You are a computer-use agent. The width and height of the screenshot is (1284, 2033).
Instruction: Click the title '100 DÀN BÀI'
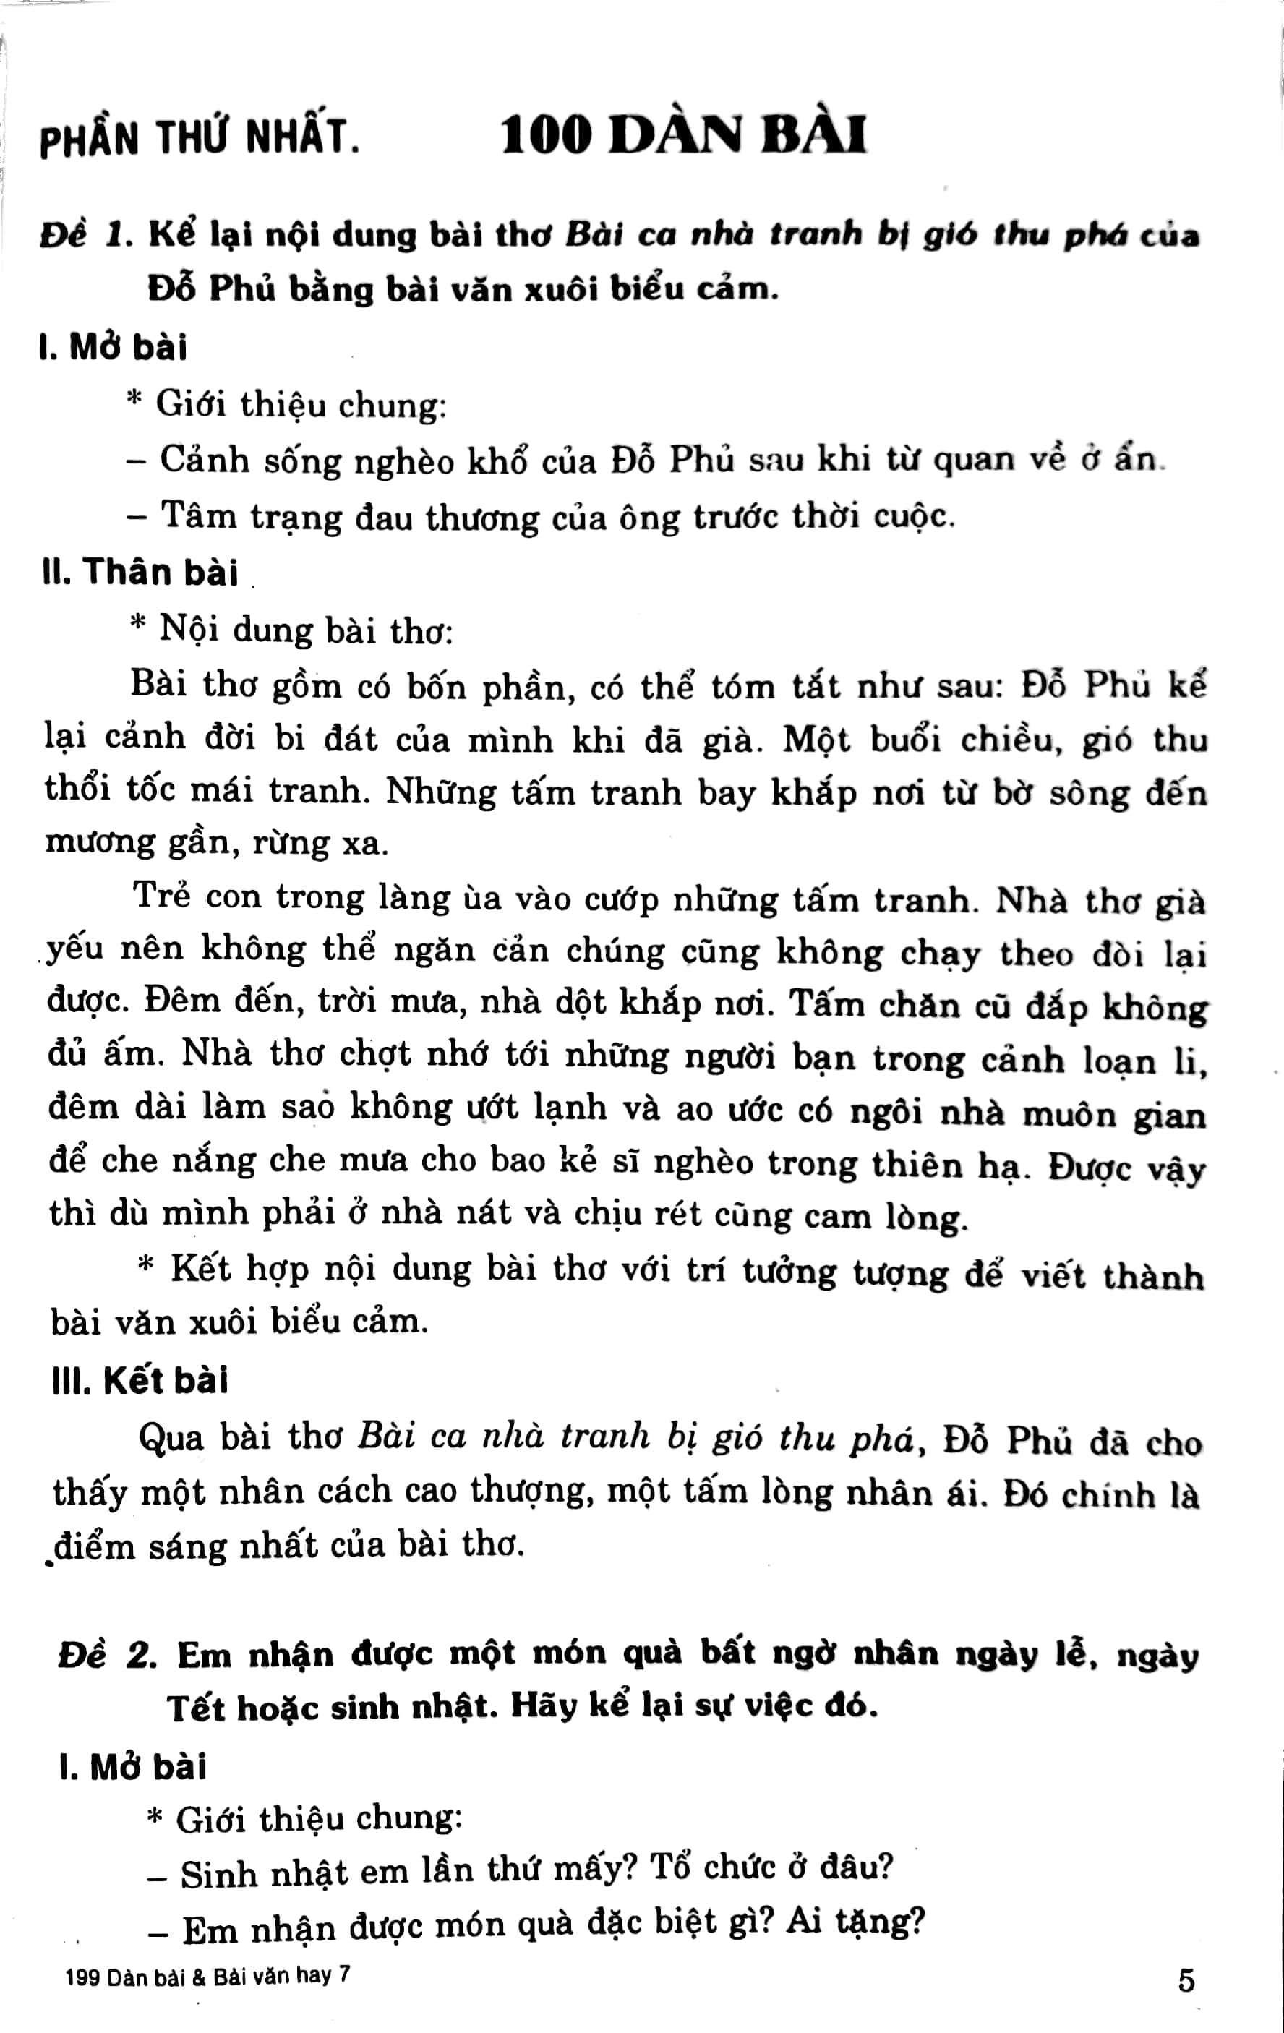point(684,137)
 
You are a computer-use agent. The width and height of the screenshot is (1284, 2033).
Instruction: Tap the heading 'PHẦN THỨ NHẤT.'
point(200,140)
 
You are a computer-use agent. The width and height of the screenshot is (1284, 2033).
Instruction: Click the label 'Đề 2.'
point(108,1656)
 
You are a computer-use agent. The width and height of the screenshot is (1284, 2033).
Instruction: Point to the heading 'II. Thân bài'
point(140,573)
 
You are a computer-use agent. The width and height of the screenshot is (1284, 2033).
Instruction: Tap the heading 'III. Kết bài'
point(140,1381)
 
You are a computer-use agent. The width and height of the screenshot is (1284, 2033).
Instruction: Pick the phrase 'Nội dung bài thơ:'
point(306,630)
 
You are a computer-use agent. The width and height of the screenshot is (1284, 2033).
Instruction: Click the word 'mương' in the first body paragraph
point(100,844)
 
